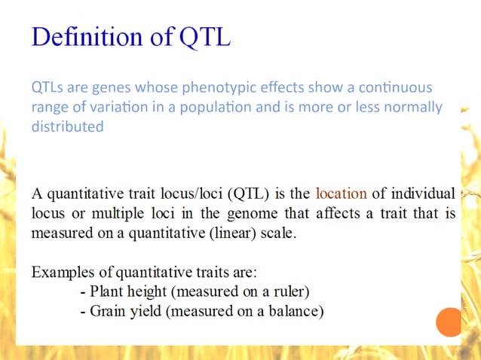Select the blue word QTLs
47,87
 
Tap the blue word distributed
66,127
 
